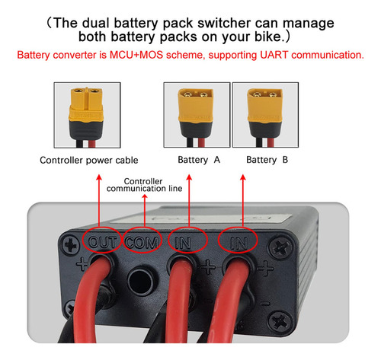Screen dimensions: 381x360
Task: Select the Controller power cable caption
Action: coord(89,160)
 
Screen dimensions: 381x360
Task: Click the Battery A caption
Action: coord(199,160)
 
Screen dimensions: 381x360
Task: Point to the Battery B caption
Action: coord(267,160)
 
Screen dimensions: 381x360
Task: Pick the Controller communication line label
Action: coord(144,185)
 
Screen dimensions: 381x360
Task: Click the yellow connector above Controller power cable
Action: coord(86,108)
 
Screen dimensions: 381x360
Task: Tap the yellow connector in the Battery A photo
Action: coord(196,107)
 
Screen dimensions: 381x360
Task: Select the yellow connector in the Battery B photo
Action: coord(265,107)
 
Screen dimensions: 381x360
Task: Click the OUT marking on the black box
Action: coord(102,242)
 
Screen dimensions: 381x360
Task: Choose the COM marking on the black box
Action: coord(142,242)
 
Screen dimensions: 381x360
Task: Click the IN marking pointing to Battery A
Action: coord(183,243)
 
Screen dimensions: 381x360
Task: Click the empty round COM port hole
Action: coord(140,281)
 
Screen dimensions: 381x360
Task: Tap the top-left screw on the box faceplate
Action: coord(71,246)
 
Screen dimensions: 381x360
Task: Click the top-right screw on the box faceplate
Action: coord(280,246)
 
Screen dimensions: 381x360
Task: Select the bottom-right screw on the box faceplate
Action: coord(279,320)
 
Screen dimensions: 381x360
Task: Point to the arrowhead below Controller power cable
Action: coord(99,177)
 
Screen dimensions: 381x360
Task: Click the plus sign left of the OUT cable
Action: coord(82,264)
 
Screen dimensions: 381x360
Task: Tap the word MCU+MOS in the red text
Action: coord(136,55)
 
